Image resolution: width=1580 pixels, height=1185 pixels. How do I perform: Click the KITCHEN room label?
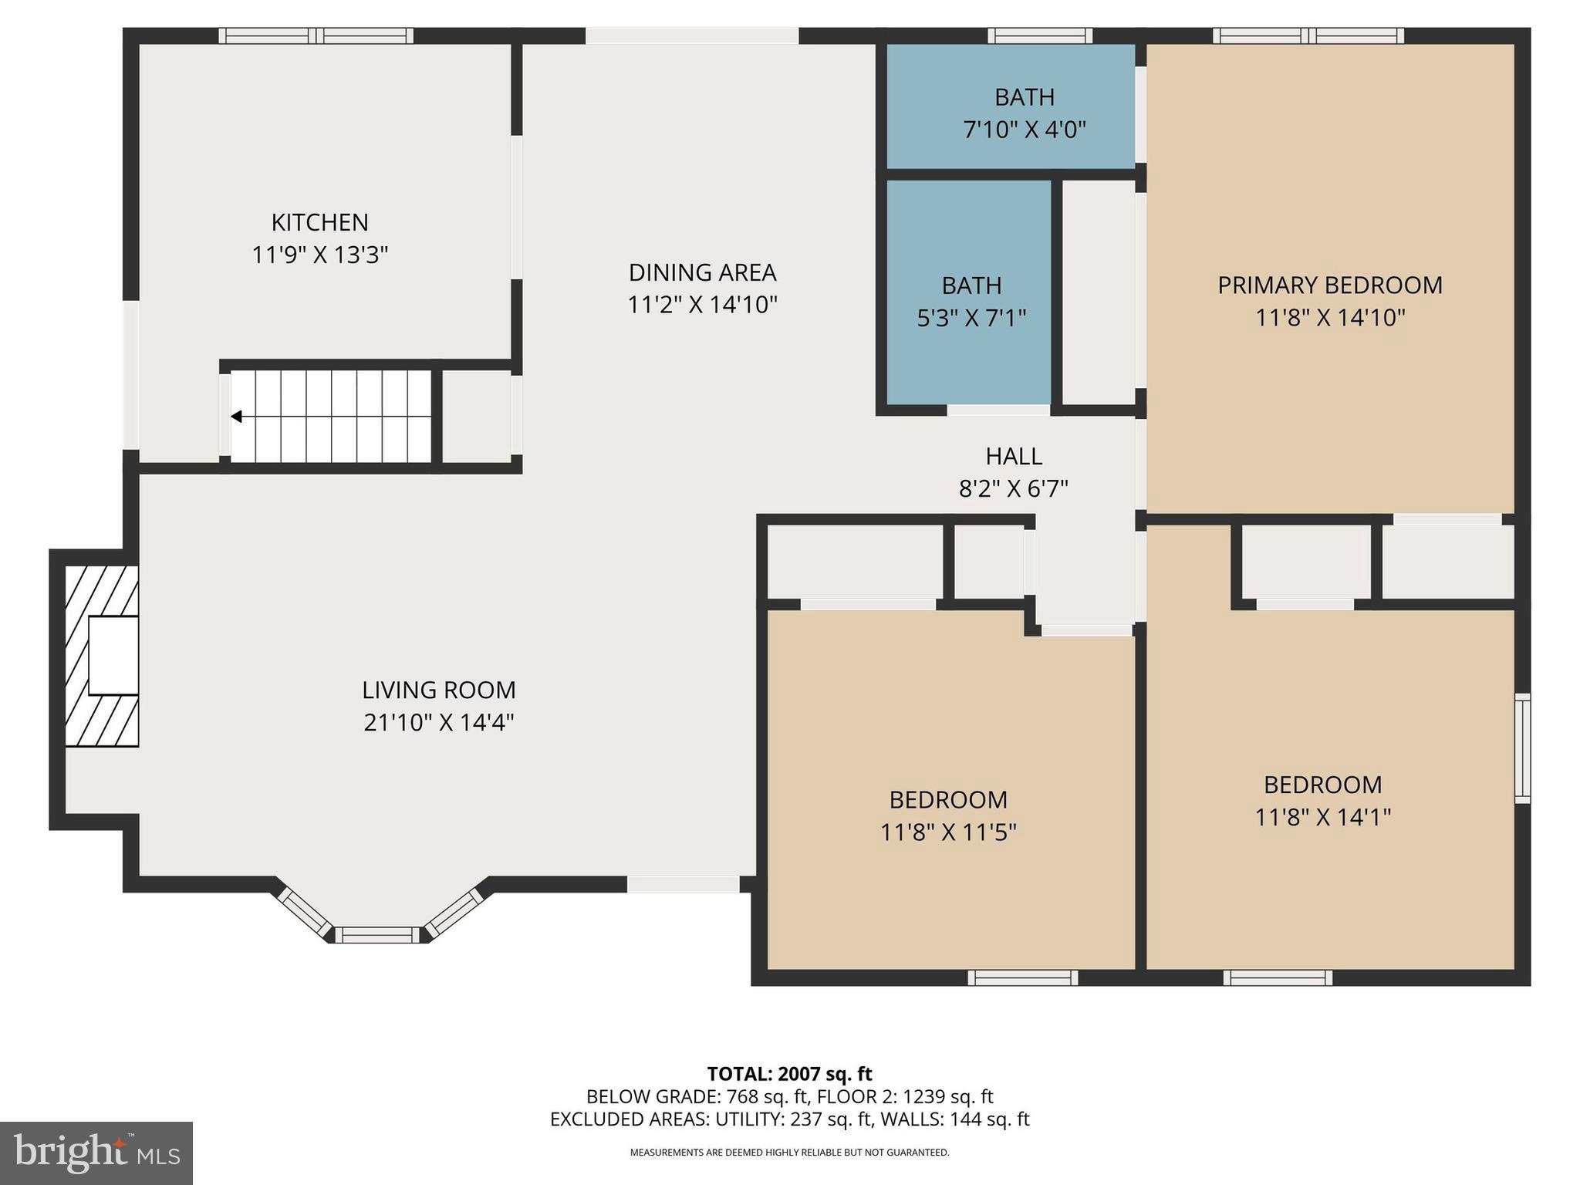[x=319, y=222]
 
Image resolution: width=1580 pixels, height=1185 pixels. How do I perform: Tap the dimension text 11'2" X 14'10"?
[x=701, y=305]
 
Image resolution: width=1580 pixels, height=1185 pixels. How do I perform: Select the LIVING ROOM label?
[x=438, y=690]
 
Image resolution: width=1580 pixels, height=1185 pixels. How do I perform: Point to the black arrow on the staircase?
[x=237, y=417]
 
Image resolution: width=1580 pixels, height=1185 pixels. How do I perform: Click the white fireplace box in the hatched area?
[x=113, y=655]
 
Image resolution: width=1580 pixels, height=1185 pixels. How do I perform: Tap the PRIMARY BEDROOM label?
[x=1329, y=285]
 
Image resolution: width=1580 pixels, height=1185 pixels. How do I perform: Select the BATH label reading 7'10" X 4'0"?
[x=1024, y=97]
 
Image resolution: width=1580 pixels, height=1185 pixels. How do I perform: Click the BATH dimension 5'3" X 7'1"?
[x=971, y=318]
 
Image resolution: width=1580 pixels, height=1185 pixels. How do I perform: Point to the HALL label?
[x=1013, y=456]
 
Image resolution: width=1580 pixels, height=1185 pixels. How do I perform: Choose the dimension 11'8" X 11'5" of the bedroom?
[x=948, y=832]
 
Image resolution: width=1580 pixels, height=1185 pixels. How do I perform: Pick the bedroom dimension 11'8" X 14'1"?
[x=1322, y=817]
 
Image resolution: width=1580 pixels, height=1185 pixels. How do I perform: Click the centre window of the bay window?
[x=377, y=935]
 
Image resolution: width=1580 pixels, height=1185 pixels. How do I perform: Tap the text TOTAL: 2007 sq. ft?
[x=789, y=1074]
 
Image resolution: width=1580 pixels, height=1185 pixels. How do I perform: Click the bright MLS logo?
[x=96, y=1153]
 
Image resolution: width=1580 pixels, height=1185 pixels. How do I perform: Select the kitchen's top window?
[x=316, y=35]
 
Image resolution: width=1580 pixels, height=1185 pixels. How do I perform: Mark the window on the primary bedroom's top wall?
[x=1308, y=35]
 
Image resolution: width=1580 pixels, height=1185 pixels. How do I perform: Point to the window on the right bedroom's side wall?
[x=1522, y=748]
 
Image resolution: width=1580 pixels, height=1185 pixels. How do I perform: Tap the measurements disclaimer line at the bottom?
[x=789, y=1153]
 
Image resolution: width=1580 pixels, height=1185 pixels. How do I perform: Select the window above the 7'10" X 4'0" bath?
[x=1039, y=35]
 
